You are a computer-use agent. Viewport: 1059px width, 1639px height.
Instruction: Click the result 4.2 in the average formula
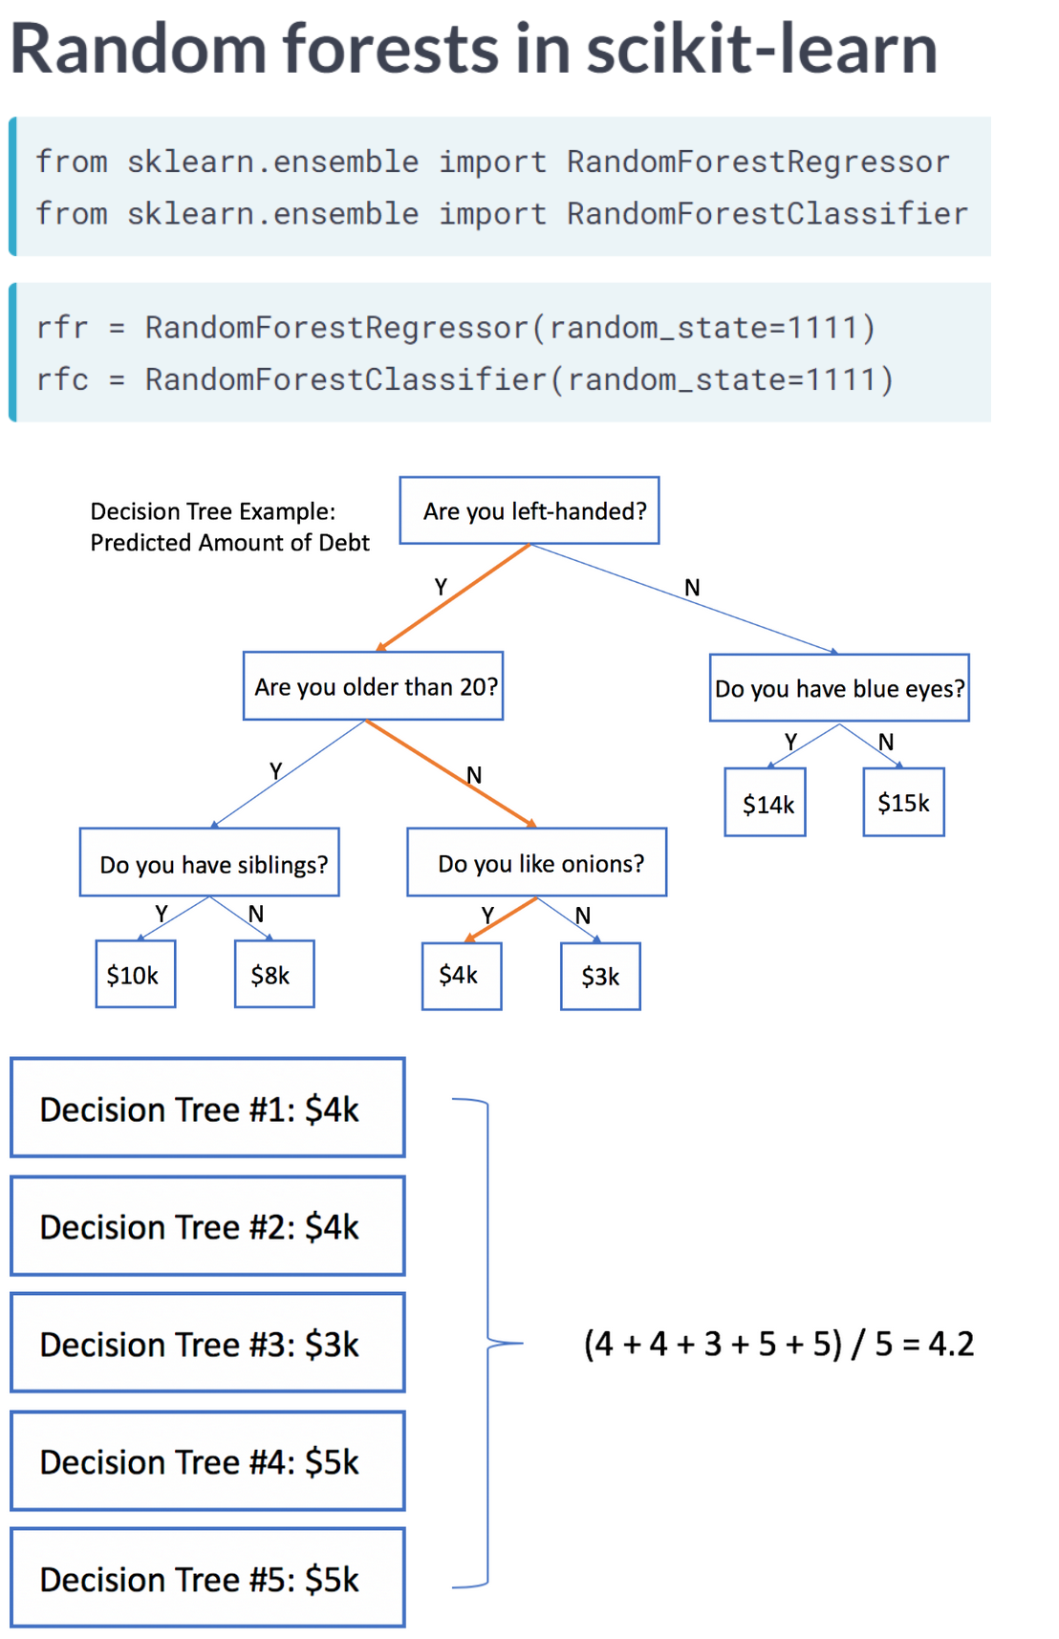[x=951, y=1344]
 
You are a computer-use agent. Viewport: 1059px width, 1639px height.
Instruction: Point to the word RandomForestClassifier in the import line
[x=767, y=213]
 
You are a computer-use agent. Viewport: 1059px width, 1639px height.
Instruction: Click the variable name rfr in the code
[x=62, y=328]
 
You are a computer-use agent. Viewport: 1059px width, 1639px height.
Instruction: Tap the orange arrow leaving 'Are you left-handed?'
[x=453, y=597]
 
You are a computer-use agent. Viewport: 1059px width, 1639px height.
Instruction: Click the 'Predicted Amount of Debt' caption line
[x=229, y=543]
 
